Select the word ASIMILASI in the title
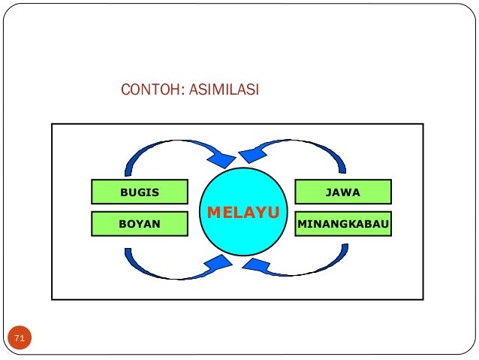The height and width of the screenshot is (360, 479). (223, 91)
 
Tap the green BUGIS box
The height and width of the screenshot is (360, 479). (140, 192)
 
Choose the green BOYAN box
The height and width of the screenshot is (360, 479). (140, 223)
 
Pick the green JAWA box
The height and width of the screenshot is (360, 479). (342, 192)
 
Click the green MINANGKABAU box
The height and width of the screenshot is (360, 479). (342, 223)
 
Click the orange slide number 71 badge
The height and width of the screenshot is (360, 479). (20, 340)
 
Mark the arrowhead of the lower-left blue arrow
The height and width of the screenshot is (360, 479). (220, 264)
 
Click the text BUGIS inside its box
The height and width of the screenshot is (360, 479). (140, 192)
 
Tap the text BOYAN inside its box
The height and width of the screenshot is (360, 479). (140, 223)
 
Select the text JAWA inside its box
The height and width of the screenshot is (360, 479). (342, 192)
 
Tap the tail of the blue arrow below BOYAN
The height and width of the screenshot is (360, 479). (129, 253)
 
